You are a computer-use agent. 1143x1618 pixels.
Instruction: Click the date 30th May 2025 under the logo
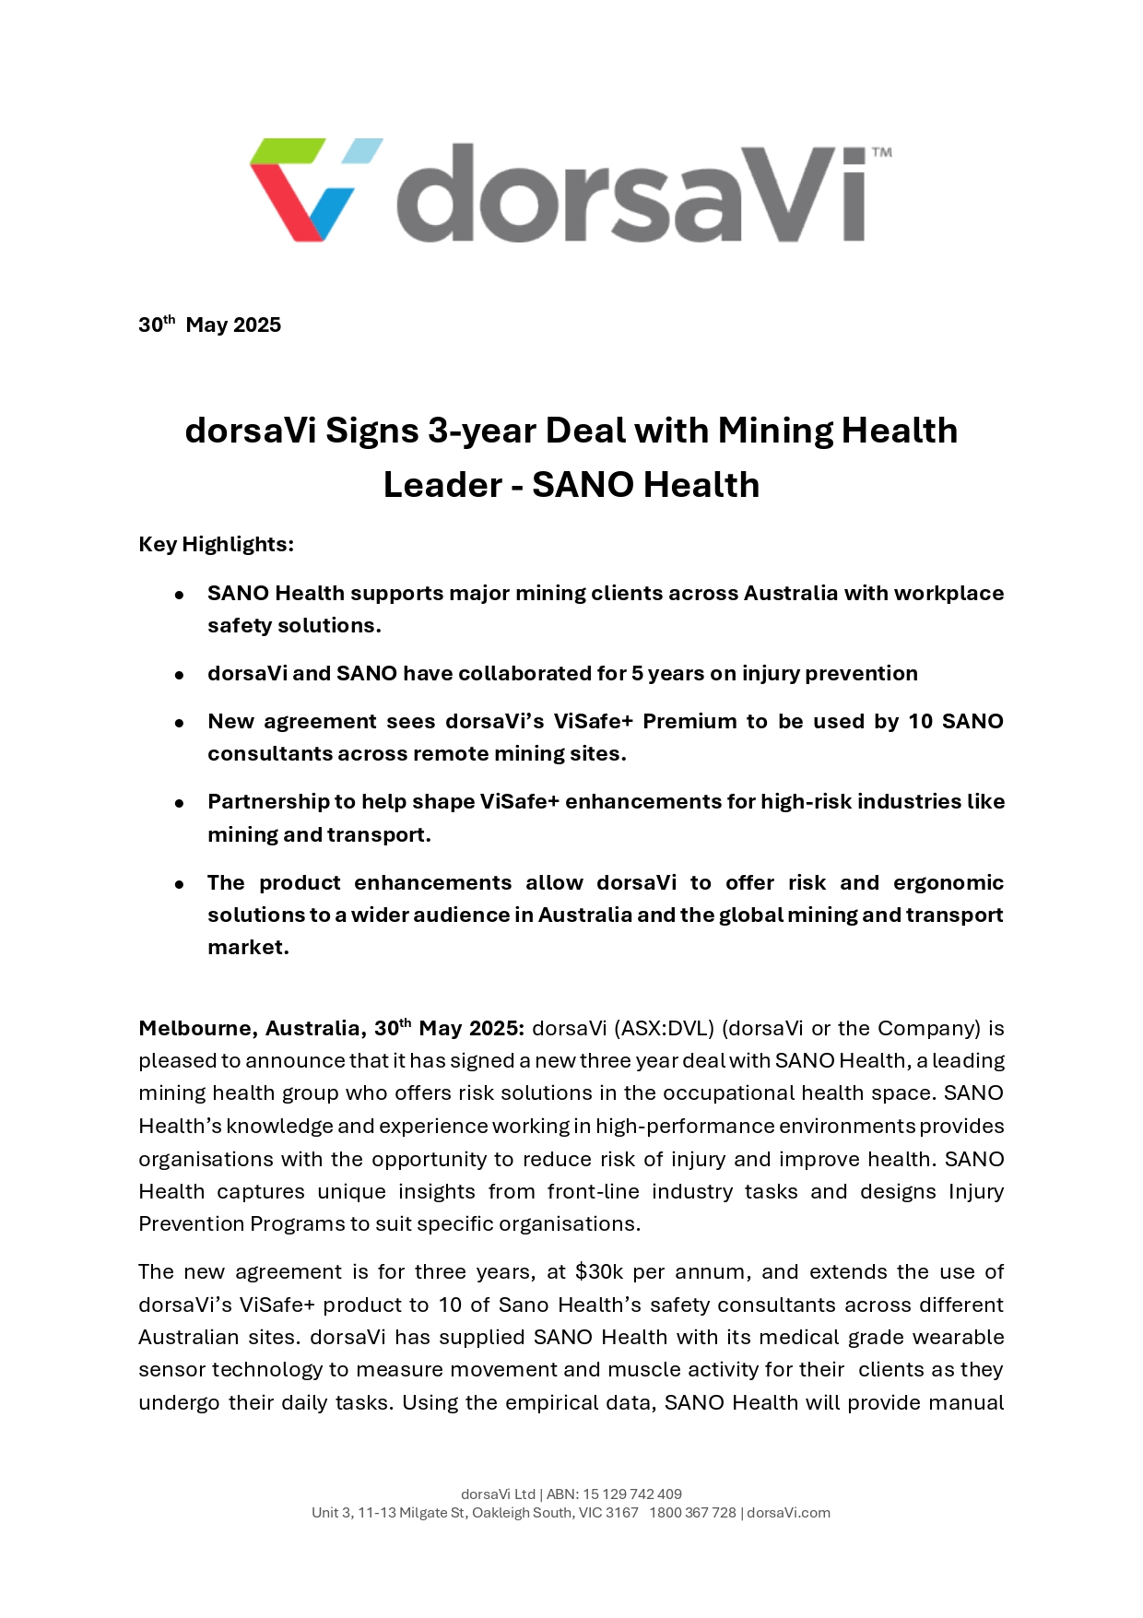[209, 325]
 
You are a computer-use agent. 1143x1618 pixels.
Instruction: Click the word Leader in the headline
[442, 485]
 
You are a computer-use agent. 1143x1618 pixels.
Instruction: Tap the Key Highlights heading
[216, 544]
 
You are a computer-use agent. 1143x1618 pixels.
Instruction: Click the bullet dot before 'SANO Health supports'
[180, 595]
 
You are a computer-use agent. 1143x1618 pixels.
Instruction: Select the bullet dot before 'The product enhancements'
[180, 884]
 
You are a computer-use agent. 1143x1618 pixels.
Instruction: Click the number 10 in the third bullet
[920, 721]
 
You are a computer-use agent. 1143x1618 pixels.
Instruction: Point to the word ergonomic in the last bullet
[948, 882]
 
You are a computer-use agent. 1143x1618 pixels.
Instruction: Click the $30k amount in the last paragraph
[599, 1272]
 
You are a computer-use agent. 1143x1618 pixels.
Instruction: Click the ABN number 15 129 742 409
[632, 1494]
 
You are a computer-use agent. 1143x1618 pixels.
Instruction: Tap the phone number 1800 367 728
[692, 1512]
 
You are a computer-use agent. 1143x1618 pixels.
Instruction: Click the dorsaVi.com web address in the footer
[788, 1512]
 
